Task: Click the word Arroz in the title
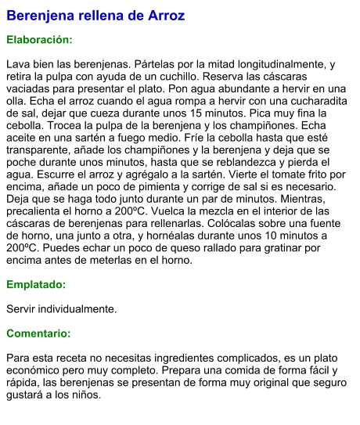click(162, 16)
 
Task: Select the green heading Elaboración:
click(39, 39)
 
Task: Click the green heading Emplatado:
click(36, 285)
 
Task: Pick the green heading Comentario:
click(38, 333)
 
